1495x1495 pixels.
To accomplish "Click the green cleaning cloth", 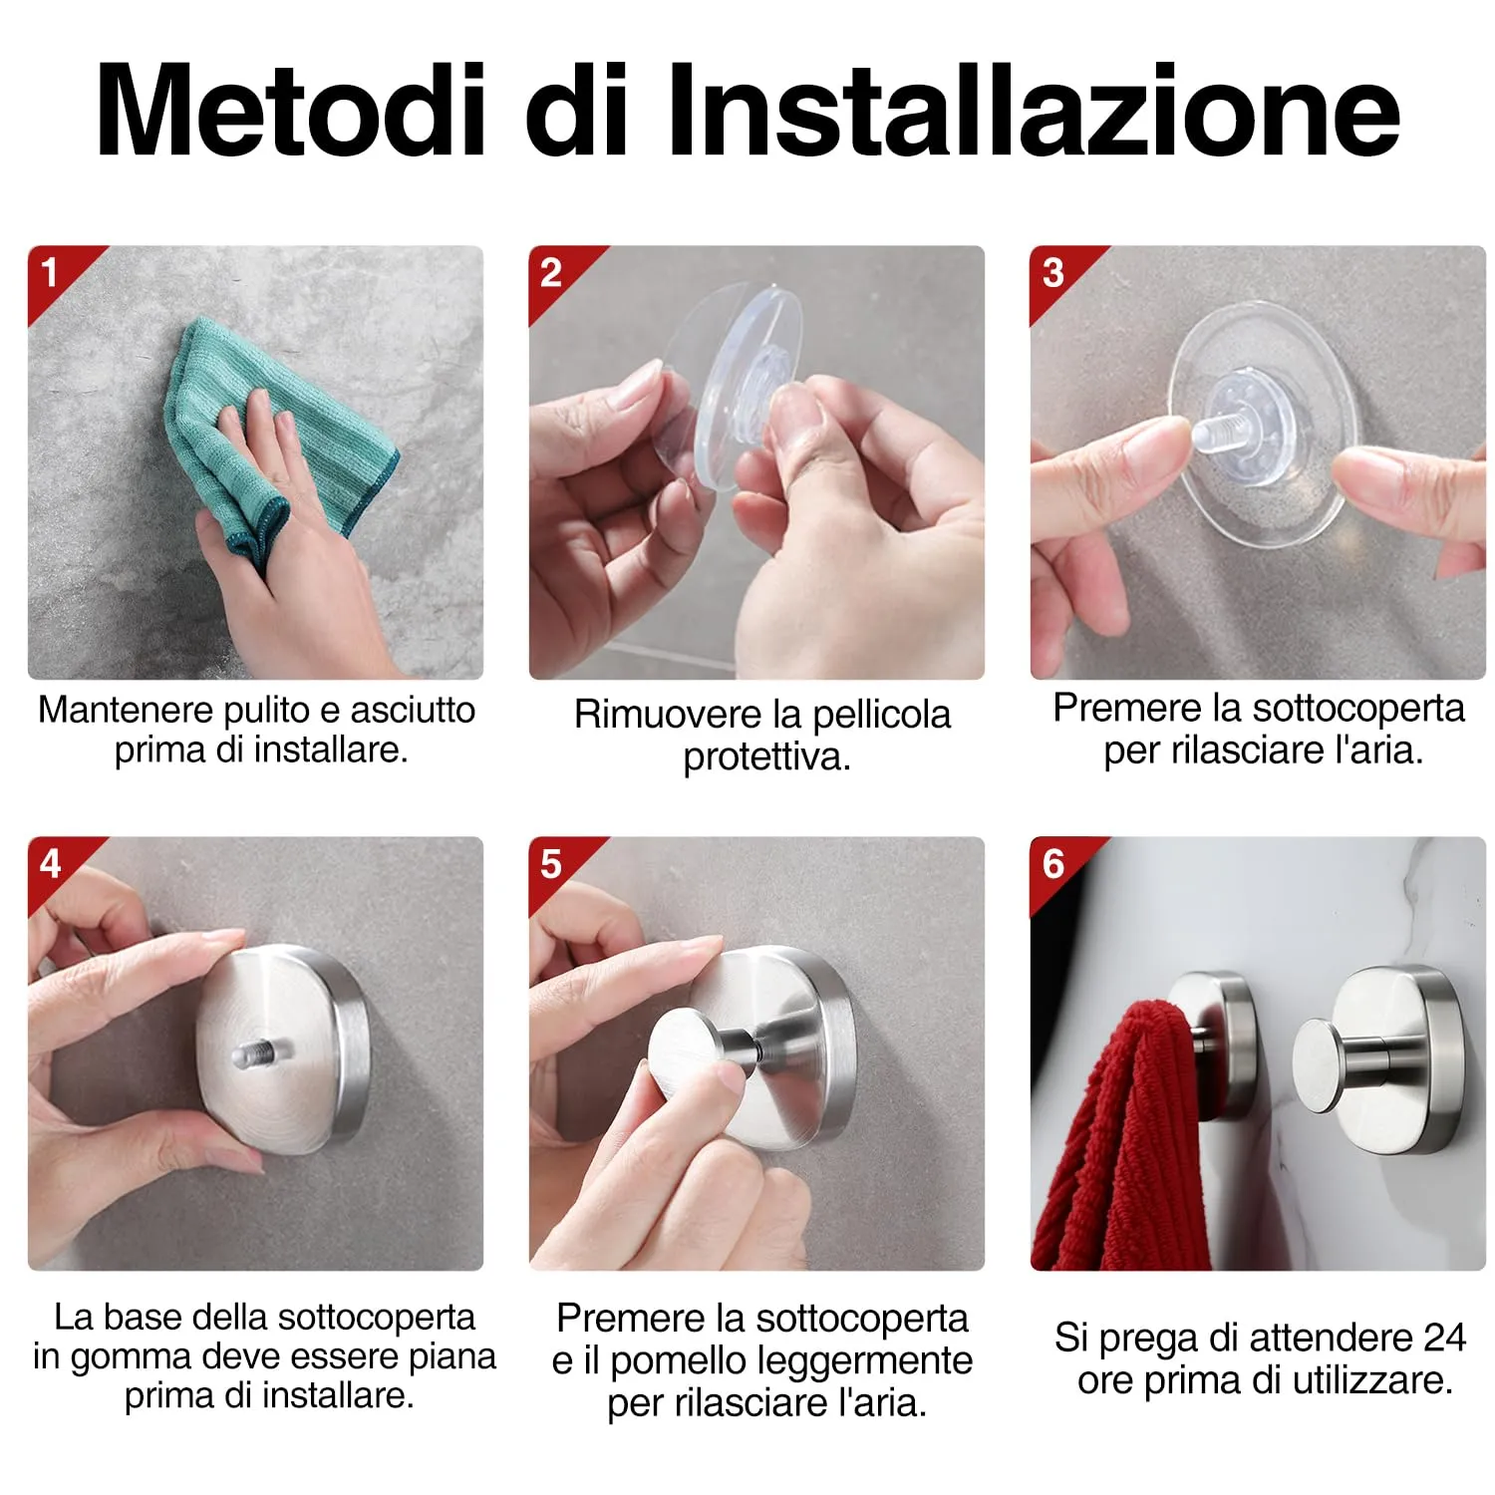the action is tap(289, 429).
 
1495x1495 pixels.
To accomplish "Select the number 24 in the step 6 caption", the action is tap(1443, 1338).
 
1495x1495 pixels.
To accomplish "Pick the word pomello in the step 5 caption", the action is tap(663, 1361).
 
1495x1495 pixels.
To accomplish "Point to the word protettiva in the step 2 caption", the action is tap(766, 757).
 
